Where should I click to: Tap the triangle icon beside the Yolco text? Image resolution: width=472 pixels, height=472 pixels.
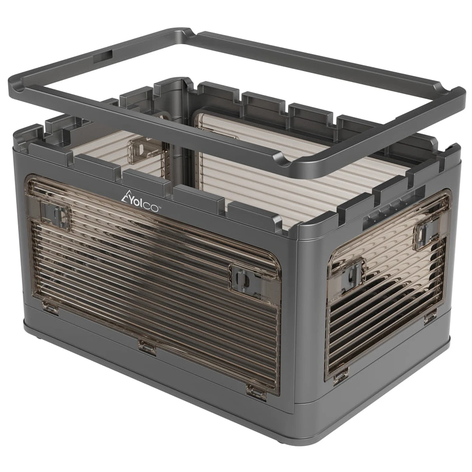[x=126, y=195]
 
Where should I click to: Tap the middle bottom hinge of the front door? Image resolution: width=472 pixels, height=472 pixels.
[x=147, y=345]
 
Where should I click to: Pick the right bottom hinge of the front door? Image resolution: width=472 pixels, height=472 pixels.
[x=256, y=391]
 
